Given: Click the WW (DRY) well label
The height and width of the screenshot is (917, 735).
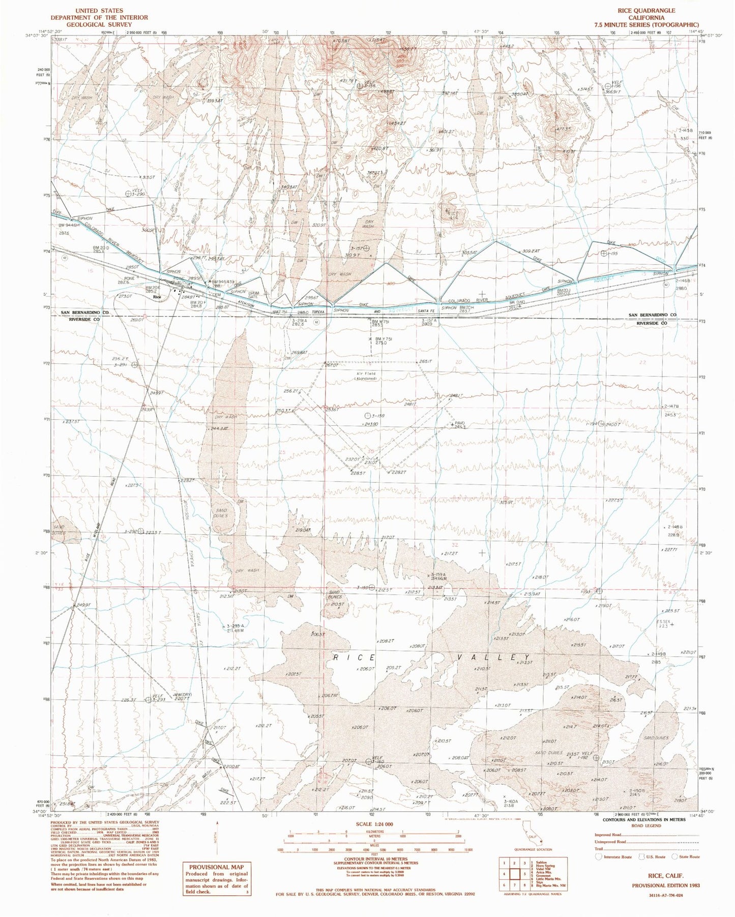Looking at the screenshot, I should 182,695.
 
